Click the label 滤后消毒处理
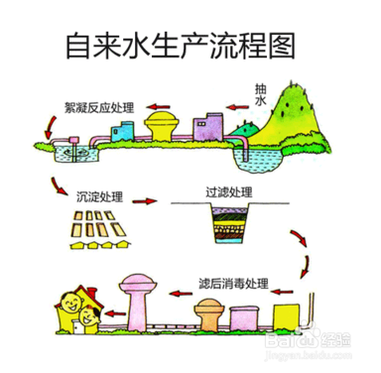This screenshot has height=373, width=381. pyautogui.click(x=236, y=282)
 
